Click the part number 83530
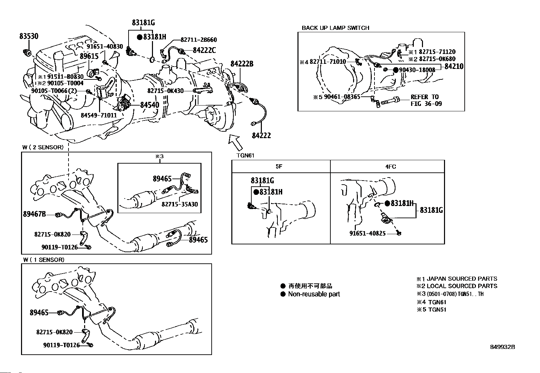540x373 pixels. click(28, 36)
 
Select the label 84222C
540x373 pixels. click(204, 50)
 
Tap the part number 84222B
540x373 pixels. click(242, 64)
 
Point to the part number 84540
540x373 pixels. click(150, 105)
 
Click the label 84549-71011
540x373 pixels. click(99, 115)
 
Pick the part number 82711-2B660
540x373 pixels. click(199, 40)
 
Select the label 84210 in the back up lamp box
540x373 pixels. click(454, 67)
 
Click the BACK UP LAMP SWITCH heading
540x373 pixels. click(335, 28)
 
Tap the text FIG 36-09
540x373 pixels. click(426, 104)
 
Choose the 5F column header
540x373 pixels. click(279, 167)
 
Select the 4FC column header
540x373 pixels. click(390, 167)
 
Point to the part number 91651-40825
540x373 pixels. click(367, 234)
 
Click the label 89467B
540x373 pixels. click(34, 214)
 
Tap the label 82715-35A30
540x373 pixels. click(179, 204)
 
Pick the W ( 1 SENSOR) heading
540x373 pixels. click(43, 260)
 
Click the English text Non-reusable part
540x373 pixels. click(314, 294)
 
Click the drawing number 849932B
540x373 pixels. click(503, 347)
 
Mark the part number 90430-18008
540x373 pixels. click(417, 70)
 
